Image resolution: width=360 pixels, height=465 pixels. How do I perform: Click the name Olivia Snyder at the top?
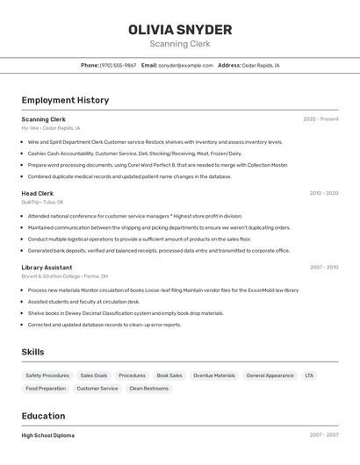coord(180,30)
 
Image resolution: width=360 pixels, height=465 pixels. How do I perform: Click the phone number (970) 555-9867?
coord(118,65)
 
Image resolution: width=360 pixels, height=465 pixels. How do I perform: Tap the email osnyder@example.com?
coord(185,65)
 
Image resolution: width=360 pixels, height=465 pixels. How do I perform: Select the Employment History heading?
coord(65,100)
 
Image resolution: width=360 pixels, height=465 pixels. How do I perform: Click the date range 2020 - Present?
coord(320,118)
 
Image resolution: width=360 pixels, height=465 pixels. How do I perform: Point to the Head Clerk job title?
coord(37,193)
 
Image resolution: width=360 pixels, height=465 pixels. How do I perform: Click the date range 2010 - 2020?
coord(323,193)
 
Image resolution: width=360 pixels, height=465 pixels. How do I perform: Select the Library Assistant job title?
coord(47,267)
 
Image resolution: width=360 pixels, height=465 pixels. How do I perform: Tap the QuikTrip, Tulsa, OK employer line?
coord(42,202)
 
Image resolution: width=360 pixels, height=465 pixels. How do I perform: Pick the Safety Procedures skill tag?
coord(47,376)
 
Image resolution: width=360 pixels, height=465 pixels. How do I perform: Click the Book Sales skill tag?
coord(169,376)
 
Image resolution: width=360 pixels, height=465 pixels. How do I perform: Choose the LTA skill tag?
coord(309,376)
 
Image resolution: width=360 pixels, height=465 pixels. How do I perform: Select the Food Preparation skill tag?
coord(46,388)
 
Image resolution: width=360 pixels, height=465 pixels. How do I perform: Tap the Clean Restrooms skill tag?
coord(148,388)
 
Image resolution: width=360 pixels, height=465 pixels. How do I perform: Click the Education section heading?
coord(43,416)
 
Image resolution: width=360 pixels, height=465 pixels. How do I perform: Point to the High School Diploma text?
coord(47,435)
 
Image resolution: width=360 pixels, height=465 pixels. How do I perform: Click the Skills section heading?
coord(32,352)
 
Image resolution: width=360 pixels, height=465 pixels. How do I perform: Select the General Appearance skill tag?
coord(270,376)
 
